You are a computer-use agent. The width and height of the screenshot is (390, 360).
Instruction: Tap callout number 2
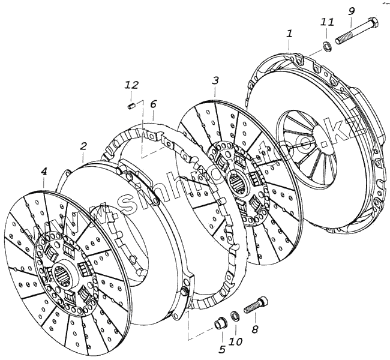[83, 146]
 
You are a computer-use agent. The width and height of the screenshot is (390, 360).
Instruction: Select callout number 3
[215, 80]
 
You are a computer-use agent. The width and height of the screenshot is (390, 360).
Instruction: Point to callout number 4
[44, 172]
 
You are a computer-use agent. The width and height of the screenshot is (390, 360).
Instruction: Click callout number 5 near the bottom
[221, 349]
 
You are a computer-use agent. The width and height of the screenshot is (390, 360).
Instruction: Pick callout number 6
[154, 104]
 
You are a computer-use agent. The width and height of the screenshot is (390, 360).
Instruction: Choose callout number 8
[254, 329]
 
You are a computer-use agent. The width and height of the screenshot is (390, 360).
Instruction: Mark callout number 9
[352, 10]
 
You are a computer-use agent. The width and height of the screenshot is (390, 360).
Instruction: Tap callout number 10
[235, 342]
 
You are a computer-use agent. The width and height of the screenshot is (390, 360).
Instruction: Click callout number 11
[327, 22]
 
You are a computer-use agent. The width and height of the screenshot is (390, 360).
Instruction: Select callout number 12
[131, 85]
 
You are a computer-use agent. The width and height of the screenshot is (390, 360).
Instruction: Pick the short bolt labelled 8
[256, 306]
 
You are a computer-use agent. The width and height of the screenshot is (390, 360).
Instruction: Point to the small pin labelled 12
[131, 106]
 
